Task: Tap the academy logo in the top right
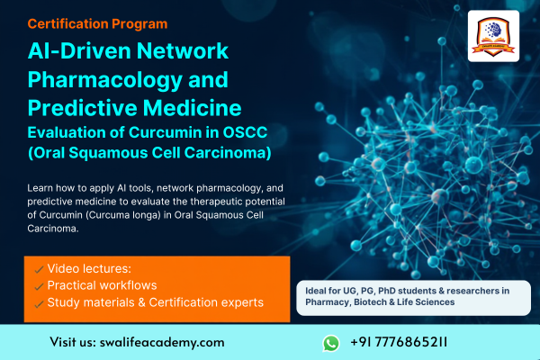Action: point(493,36)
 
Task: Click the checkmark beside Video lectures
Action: point(37,269)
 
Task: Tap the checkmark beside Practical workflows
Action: point(37,285)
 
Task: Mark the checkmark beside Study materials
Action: point(37,302)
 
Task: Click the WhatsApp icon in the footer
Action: point(331,343)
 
